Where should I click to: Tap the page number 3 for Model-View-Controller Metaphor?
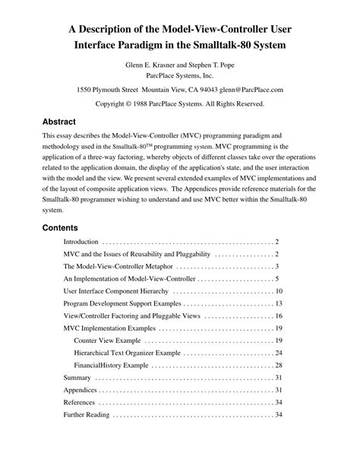[277, 266]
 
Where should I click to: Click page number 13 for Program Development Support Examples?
[279, 303]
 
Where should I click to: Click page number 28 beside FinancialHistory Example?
[279, 365]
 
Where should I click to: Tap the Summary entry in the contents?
[77, 378]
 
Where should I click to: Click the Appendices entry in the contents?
[81, 390]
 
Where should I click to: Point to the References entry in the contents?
[80, 402]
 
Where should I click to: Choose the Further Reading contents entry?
[87, 415]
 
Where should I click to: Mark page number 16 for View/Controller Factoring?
[279, 315]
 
